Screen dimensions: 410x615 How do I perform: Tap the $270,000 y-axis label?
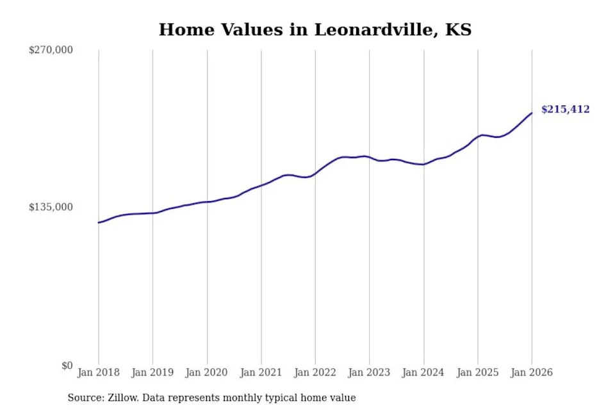(51, 49)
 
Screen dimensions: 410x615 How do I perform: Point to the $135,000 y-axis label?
(51, 207)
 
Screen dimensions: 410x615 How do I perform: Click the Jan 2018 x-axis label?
(99, 372)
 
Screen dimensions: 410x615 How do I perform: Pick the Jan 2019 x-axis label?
(152, 372)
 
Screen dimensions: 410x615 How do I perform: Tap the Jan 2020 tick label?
(207, 372)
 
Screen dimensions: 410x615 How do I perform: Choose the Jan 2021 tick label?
(261, 372)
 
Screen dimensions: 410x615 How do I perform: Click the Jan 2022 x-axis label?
(315, 372)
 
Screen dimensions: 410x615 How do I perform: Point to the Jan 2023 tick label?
(369, 372)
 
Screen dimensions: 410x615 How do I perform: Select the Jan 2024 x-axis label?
(423, 372)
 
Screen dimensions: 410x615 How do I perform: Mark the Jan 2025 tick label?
(477, 372)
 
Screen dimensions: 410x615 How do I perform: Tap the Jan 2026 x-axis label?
(532, 372)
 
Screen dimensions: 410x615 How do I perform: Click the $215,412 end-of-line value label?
(565, 110)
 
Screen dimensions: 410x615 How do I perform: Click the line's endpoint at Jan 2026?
(532, 113)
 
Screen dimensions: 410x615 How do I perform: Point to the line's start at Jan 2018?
(99, 222)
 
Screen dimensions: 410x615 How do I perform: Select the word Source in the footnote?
(84, 398)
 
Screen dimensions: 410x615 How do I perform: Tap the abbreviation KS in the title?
(459, 29)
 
